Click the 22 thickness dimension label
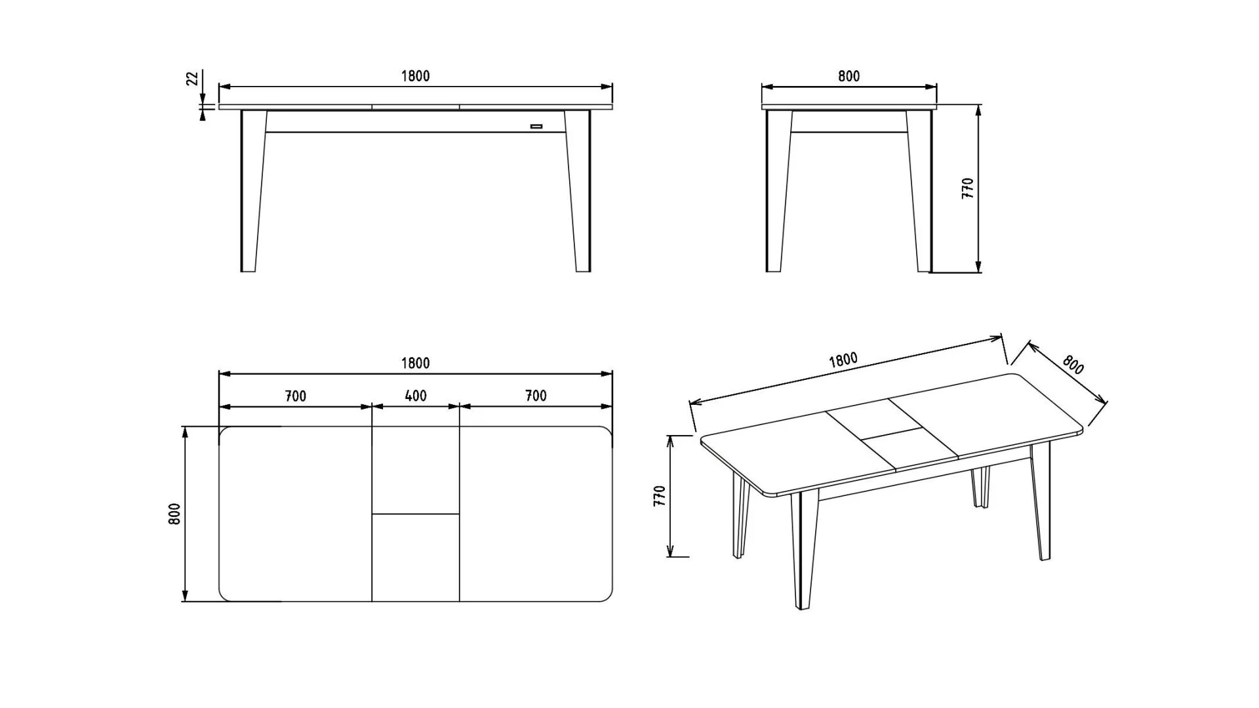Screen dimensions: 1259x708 coord(192,79)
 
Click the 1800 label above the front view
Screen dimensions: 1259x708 coord(416,76)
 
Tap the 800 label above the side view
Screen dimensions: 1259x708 coord(849,76)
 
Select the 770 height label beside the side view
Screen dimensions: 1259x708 coord(968,188)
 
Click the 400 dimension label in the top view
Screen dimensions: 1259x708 coord(416,396)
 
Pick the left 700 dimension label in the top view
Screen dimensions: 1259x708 coord(296,396)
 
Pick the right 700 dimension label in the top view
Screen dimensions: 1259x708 coord(536,396)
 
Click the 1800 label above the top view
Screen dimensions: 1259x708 coord(416,364)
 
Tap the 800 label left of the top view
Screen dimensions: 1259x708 coord(174,514)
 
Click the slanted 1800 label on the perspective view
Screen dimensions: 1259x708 coord(843,360)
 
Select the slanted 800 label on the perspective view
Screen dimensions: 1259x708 coord(1073,365)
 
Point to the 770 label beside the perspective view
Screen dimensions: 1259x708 coord(660,495)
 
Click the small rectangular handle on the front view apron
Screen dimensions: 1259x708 coord(536,126)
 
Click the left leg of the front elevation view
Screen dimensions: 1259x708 coord(252,191)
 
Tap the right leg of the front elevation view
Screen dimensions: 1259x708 coord(578,191)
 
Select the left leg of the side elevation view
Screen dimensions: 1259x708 coord(778,191)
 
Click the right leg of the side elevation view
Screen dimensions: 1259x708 coord(919,191)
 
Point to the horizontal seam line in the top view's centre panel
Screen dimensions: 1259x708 coord(416,514)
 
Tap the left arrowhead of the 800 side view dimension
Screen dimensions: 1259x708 coord(767,87)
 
